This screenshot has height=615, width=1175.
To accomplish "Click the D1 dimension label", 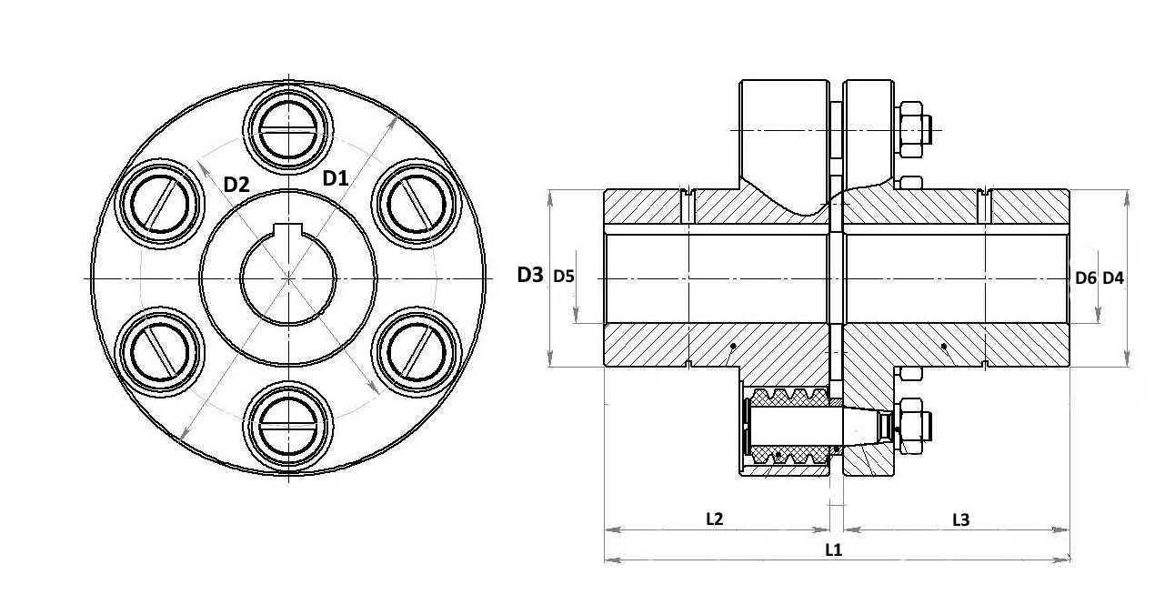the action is (x=336, y=178).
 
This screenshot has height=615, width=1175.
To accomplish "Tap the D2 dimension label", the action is (x=236, y=185).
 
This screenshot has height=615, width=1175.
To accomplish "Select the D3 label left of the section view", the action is (x=530, y=275).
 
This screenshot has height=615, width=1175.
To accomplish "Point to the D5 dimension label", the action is (x=564, y=276).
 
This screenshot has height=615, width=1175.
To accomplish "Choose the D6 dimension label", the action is (x=1086, y=278).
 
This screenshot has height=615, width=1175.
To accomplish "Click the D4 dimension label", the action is (x=1113, y=278).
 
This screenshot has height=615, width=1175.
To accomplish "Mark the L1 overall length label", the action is (x=834, y=549).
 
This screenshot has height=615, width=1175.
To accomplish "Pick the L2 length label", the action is (x=715, y=519).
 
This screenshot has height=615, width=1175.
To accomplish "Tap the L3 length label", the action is (x=961, y=520).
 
